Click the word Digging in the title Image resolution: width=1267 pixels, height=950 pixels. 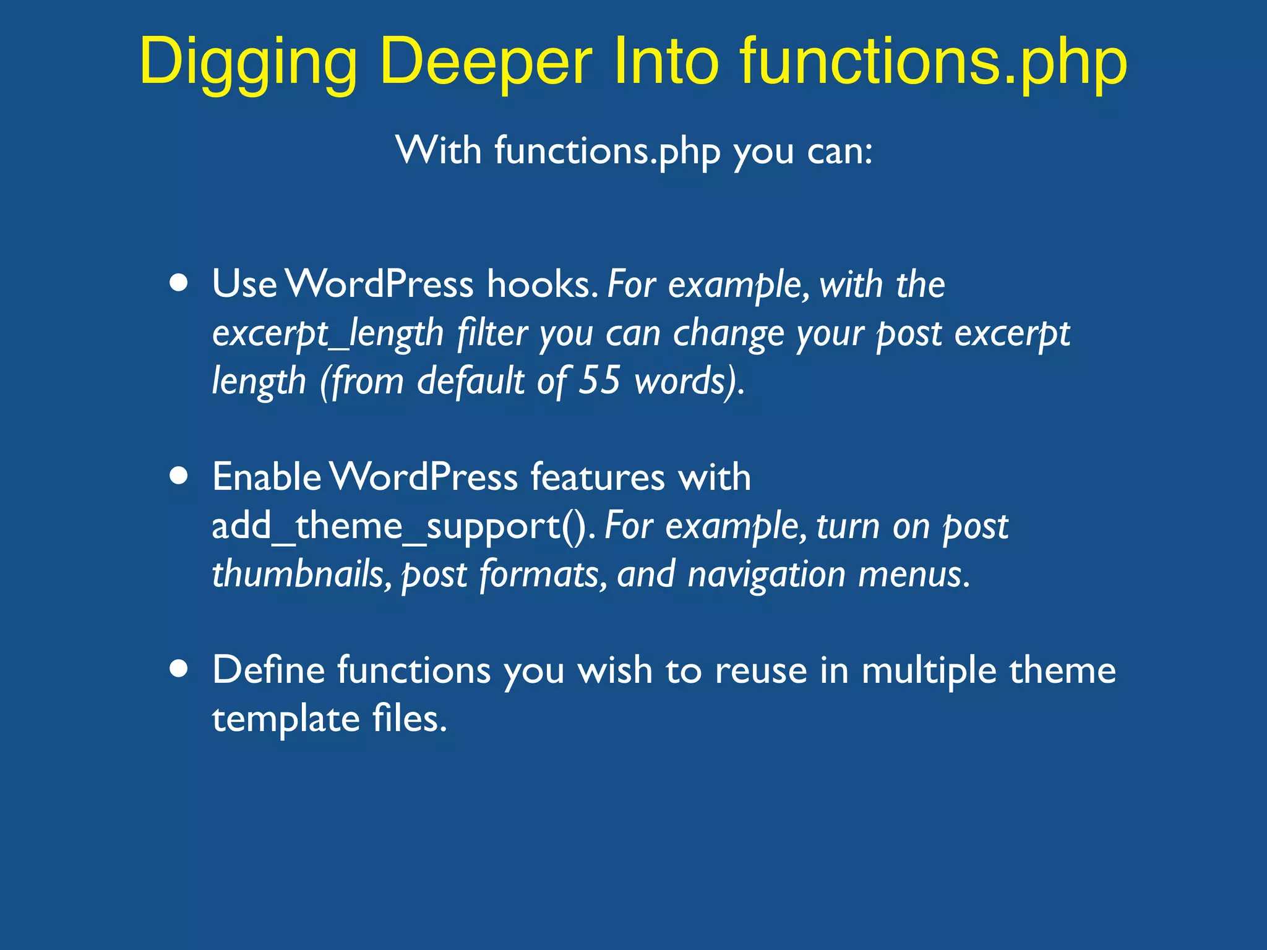pyautogui.click(x=248, y=62)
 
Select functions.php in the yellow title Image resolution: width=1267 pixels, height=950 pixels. pyautogui.click(x=934, y=62)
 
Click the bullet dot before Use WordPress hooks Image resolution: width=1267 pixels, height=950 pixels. pyautogui.click(x=179, y=283)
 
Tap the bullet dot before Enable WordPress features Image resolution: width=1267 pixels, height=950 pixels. pyautogui.click(x=179, y=476)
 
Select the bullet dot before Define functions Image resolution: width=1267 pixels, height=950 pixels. pyautogui.click(x=179, y=669)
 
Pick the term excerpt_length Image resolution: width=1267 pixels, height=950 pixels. pyautogui.click(x=328, y=334)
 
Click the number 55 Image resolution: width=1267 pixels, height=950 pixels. pyautogui.click(x=599, y=380)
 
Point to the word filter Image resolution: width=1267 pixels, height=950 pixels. pyautogui.click(x=492, y=334)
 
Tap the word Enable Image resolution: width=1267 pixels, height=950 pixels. pyautogui.click(x=267, y=477)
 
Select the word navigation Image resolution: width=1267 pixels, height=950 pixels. pyautogui.click(x=766, y=574)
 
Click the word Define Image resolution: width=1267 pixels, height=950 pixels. pyautogui.click(x=268, y=670)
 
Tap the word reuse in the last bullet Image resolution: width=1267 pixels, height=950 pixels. pyautogui.click(x=761, y=671)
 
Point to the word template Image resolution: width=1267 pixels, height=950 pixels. pyautogui.click(x=286, y=719)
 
